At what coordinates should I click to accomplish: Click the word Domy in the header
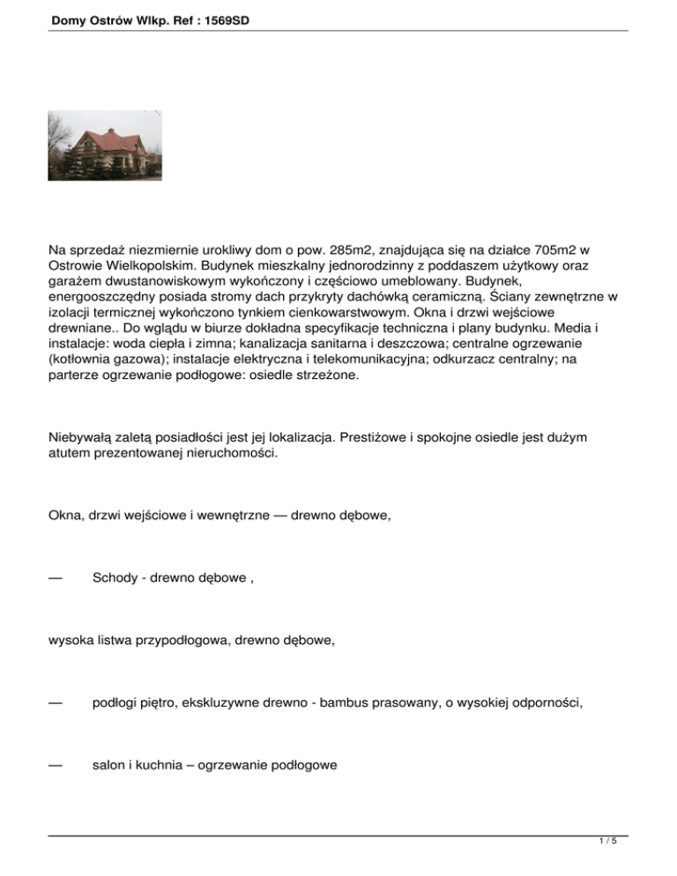[x=69, y=15]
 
